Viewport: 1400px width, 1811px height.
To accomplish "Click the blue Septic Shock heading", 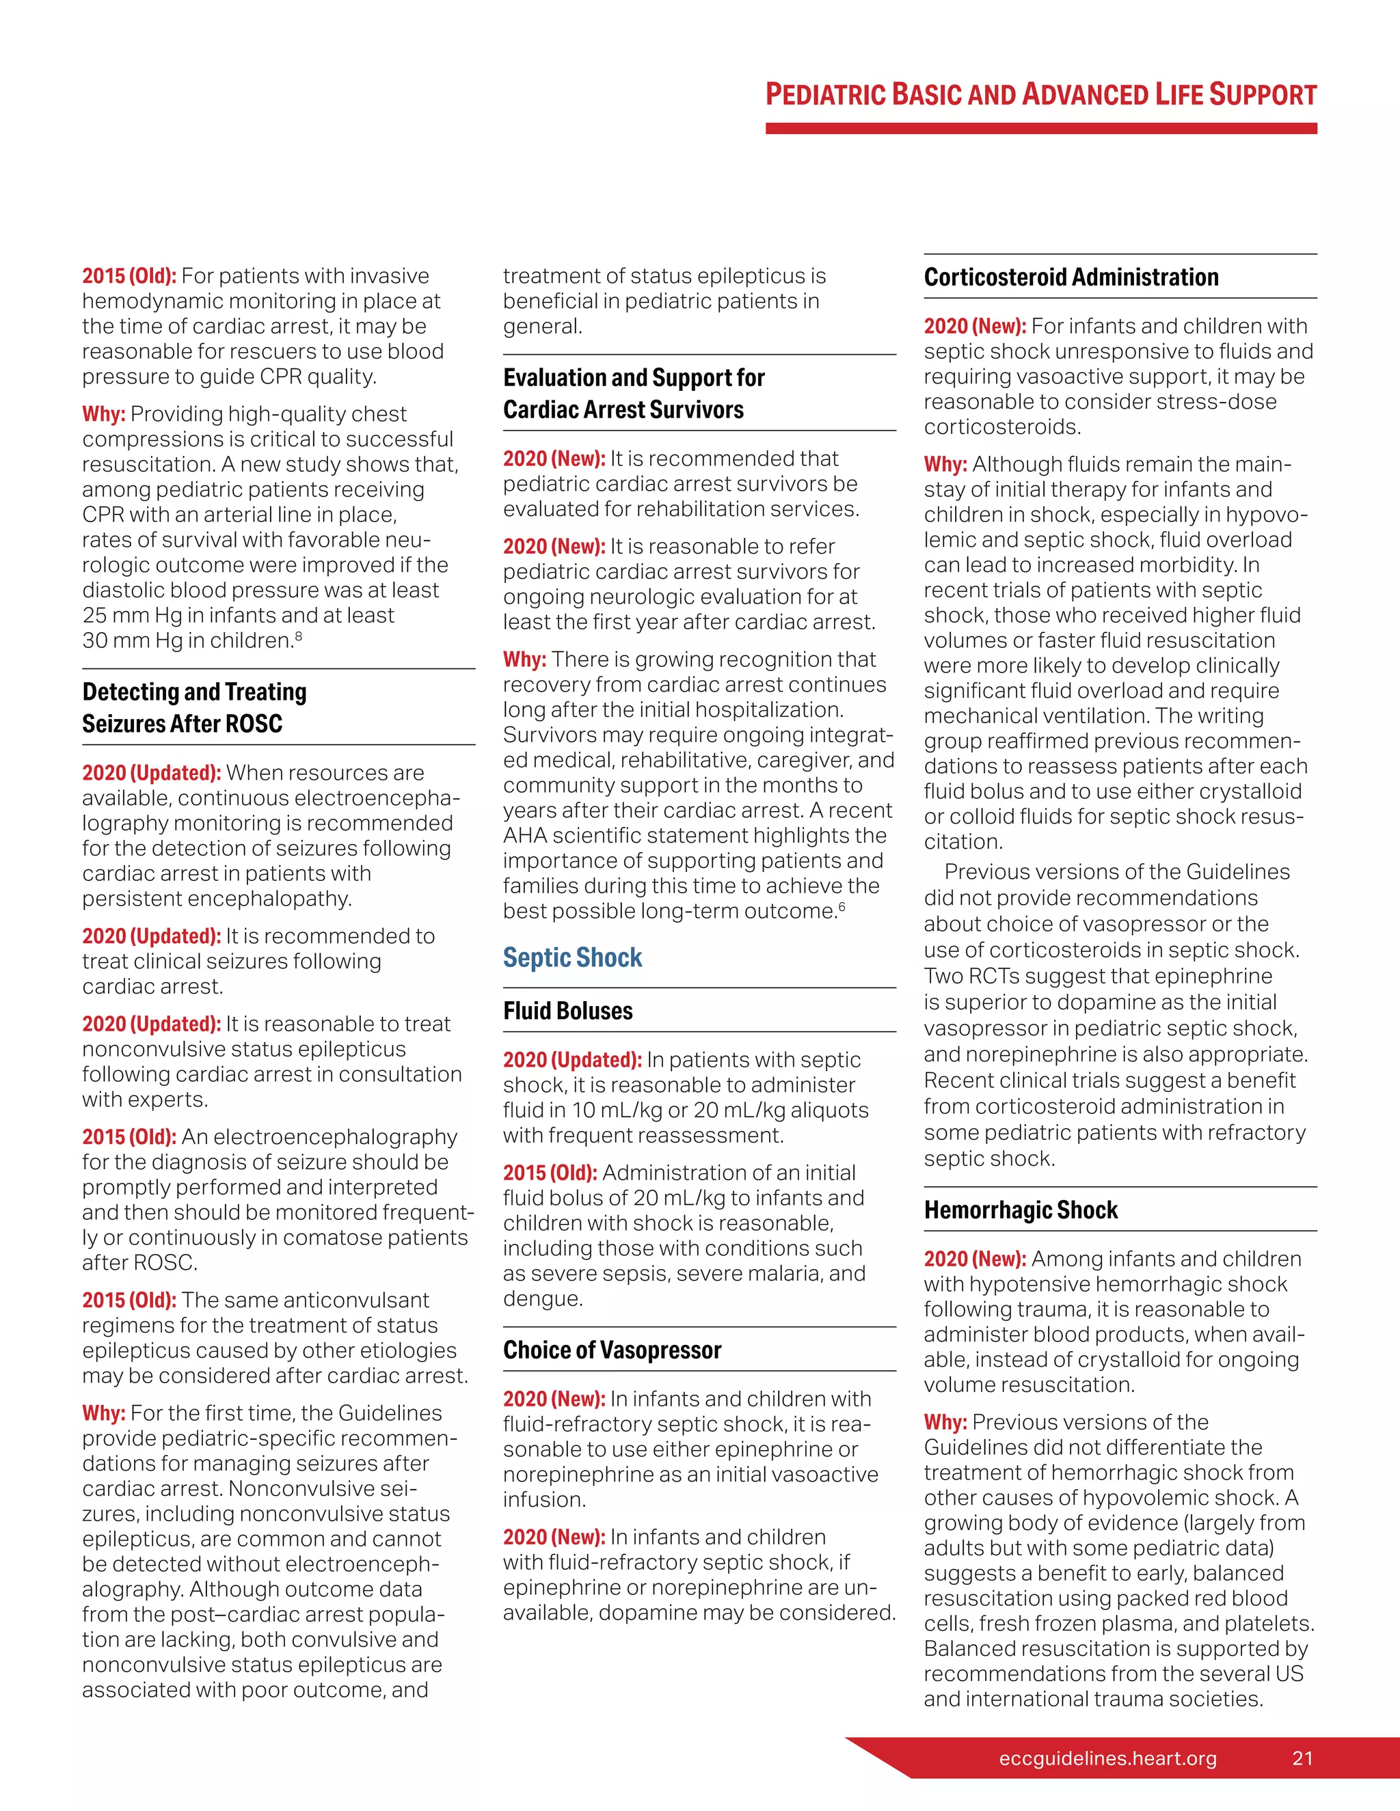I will click(x=572, y=957).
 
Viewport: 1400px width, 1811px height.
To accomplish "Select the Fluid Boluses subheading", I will click(x=567, y=1011).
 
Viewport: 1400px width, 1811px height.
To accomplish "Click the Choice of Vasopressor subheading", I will click(x=612, y=1350).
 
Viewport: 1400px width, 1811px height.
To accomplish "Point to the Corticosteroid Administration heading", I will click(x=1071, y=277).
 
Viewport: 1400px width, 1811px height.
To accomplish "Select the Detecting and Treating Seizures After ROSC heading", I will click(x=194, y=707).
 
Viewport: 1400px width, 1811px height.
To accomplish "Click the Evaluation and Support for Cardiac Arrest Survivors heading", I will click(x=633, y=393).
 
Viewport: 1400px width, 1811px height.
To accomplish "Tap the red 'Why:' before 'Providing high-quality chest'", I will click(x=104, y=413).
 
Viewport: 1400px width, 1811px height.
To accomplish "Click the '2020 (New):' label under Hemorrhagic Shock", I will click(x=975, y=1259).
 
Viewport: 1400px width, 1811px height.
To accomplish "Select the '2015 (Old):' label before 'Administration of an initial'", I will click(x=549, y=1173).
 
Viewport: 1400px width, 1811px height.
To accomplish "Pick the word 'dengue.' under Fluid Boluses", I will click(x=542, y=1298).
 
